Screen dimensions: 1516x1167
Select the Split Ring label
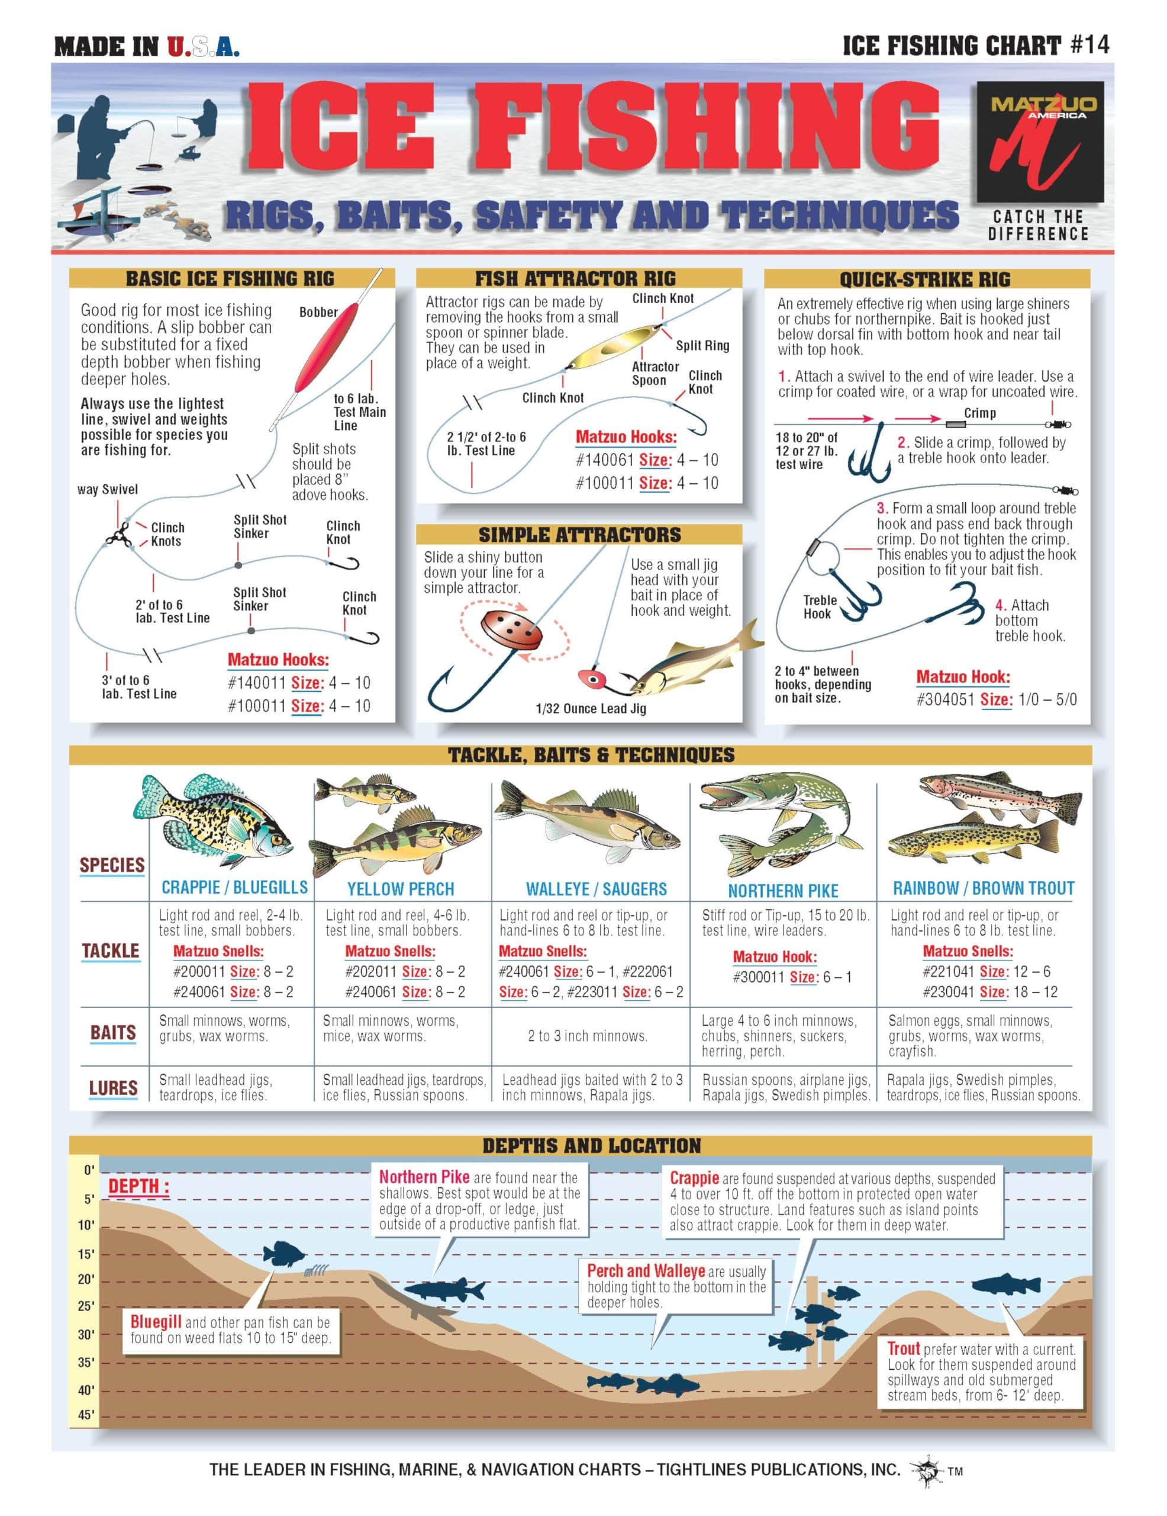(x=702, y=346)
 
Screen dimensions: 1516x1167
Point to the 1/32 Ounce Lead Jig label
(x=591, y=709)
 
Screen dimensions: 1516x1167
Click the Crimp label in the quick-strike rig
(x=979, y=413)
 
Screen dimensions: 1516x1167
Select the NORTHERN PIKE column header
(x=782, y=891)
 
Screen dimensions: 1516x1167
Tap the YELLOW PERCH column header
(x=400, y=889)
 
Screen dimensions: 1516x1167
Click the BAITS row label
(x=112, y=1033)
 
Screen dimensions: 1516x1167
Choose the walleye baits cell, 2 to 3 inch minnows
(x=587, y=1036)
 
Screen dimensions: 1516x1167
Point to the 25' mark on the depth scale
(x=85, y=1306)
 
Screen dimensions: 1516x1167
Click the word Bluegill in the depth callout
(x=156, y=1322)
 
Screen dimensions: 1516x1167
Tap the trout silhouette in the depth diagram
(x=1006, y=1283)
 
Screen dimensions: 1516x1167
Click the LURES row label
(x=112, y=1088)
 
